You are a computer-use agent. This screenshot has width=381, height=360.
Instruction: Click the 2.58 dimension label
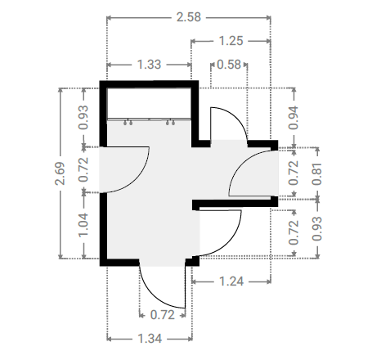(x=189, y=17)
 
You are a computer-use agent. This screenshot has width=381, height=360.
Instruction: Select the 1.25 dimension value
(x=231, y=41)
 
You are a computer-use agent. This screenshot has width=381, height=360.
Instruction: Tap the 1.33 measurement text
(x=149, y=65)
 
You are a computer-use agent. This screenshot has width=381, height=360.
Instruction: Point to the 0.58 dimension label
(x=229, y=65)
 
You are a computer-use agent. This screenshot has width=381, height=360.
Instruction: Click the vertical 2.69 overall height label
(x=60, y=173)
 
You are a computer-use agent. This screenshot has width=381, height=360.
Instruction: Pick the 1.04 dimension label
(x=83, y=225)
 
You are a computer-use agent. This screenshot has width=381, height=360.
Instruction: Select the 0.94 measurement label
(x=294, y=118)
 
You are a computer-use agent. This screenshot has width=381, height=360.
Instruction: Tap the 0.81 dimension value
(x=317, y=174)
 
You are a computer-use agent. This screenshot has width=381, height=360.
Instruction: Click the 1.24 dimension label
(x=231, y=281)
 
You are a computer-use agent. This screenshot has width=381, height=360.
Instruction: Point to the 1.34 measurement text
(x=150, y=339)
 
